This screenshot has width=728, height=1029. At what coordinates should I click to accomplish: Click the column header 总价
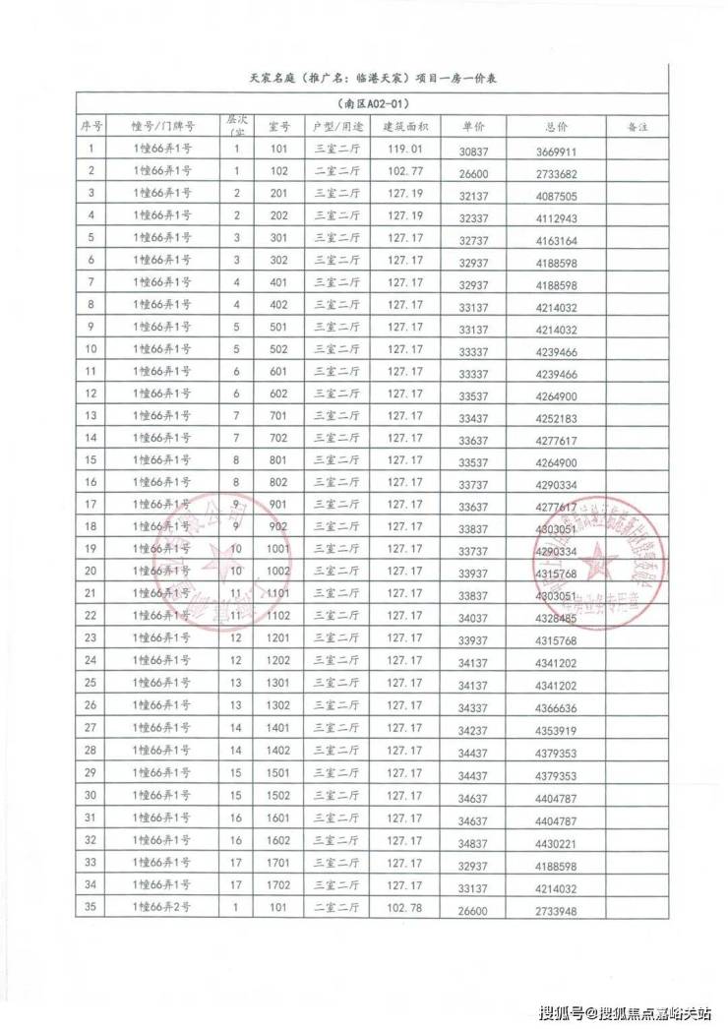tap(556, 127)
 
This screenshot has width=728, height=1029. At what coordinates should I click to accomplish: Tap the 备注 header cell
tap(638, 127)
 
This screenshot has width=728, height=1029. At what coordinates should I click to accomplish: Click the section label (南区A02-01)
tap(371, 103)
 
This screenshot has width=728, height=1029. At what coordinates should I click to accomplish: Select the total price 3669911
tap(557, 151)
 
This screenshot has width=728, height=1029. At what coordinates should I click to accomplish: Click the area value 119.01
tap(404, 150)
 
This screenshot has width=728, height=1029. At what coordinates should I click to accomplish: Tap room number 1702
tap(278, 884)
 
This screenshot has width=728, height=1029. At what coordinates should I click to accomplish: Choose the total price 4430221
tap(557, 841)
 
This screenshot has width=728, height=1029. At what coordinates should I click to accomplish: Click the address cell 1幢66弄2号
tap(162, 907)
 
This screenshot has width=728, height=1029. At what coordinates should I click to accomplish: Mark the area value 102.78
tap(404, 907)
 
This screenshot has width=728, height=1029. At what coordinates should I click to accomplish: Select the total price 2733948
tap(557, 908)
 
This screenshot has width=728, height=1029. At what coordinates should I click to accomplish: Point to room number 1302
tap(278, 705)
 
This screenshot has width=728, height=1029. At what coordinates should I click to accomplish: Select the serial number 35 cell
tap(91, 907)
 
